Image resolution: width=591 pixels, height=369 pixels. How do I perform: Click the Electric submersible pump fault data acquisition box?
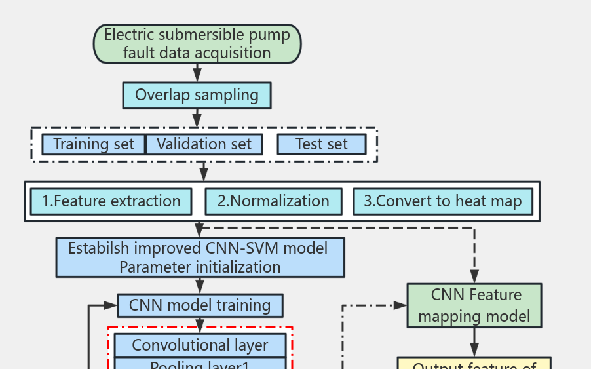point(197,44)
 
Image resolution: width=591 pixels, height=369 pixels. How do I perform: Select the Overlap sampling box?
point(197,95)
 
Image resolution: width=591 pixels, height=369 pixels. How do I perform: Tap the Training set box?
point(93,144)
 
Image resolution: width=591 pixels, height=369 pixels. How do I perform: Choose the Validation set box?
point(204,144)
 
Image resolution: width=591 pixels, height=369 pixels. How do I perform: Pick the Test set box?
point(321,144)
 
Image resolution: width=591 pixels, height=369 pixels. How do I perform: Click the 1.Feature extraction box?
point(111,201)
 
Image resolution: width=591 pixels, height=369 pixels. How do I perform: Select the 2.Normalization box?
point(273,201)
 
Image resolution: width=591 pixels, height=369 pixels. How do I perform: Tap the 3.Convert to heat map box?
point(443,201)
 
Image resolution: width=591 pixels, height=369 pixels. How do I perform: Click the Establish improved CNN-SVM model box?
point(200,258)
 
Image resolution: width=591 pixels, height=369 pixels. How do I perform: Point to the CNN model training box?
point(200,305)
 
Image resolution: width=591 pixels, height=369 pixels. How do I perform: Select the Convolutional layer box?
point(200,345)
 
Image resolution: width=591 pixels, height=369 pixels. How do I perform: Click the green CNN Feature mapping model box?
point(474,305)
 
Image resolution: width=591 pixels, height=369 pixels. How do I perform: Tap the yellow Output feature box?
point(474,364)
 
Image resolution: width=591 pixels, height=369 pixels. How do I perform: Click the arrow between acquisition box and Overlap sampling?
point(197,72)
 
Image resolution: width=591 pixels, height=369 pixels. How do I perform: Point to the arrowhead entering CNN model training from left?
point(111,305)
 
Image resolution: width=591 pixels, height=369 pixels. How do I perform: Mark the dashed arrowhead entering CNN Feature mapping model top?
point(474,277)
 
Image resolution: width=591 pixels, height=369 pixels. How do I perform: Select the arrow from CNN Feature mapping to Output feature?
point(474,342)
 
